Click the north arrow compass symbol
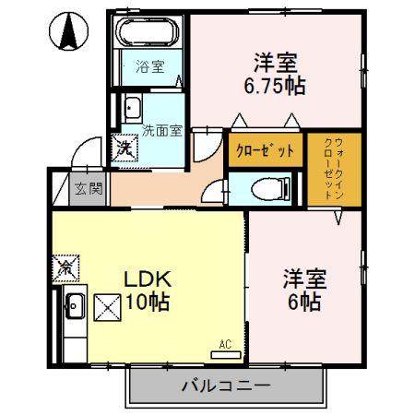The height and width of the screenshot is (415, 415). (x=68, y=31)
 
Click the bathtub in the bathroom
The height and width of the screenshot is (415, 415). (x=148, y=31)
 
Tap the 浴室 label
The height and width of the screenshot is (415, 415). (x=150, y=66)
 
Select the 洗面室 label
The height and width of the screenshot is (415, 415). (x=162, y=131)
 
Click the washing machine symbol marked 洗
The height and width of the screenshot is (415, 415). (x=125, y=148)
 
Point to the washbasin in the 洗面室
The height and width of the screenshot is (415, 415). (x=133, y=107)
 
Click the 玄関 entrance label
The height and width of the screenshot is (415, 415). (x=89, y=188)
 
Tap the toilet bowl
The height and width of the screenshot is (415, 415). (x=270, y=189)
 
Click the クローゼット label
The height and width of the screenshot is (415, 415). (x=265, y=150)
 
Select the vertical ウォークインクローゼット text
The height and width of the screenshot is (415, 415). (x=334, y=169)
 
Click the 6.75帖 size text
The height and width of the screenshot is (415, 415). (x=275, y=86)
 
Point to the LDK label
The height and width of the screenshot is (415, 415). (x=148, y=279)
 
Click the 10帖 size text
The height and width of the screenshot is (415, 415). (x=148, y=302)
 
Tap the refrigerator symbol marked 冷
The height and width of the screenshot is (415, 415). (x=65, y=268)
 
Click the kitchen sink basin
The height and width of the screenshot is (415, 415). (x=75, y=305)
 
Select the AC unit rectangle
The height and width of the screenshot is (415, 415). (x=226, y=355)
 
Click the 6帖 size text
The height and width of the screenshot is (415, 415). (x=304, y=302)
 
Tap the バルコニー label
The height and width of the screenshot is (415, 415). (x=226, y=385)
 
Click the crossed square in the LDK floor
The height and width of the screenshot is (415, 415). (x=107, y=308)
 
